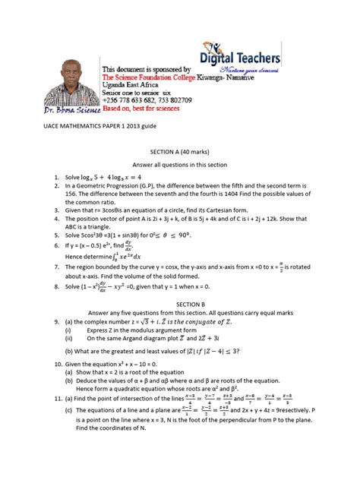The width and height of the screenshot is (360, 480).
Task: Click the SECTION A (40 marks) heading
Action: [179, 152]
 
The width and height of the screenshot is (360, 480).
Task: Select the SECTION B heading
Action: [179, 302]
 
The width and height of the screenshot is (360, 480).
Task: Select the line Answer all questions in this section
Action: [179, 165]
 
